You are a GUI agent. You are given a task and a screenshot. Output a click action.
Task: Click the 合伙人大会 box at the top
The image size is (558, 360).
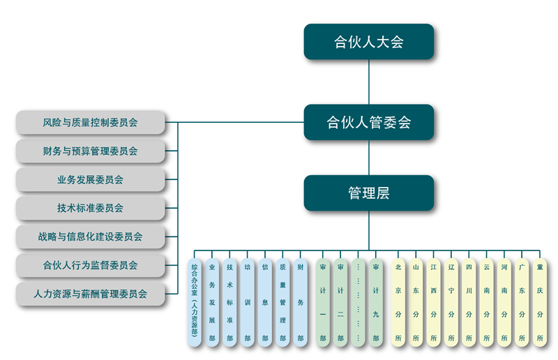coord(368,42)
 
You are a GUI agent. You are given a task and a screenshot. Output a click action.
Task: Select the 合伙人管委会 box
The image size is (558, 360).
coord(368,122)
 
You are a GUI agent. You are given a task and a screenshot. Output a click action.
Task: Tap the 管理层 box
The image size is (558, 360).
coord(368,193)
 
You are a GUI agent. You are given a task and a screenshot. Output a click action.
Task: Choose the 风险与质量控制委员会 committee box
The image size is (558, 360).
coord(90,122)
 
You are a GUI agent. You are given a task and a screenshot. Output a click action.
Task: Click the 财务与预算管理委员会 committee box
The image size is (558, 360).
coord(90,151)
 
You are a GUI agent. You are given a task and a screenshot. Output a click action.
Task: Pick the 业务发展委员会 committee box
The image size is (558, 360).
coord(90,179)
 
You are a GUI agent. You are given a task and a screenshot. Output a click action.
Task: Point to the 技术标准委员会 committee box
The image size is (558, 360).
coord(90,208)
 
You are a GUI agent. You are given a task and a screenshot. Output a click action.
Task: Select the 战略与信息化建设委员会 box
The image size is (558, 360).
coord(90,237)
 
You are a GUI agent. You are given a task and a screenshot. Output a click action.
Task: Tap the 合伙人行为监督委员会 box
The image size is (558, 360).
coord(90,265)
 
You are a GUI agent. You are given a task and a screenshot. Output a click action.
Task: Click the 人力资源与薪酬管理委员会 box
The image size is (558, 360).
coord(90,294)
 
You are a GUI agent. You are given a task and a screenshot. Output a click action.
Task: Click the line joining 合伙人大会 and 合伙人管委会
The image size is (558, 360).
coord(368,82)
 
